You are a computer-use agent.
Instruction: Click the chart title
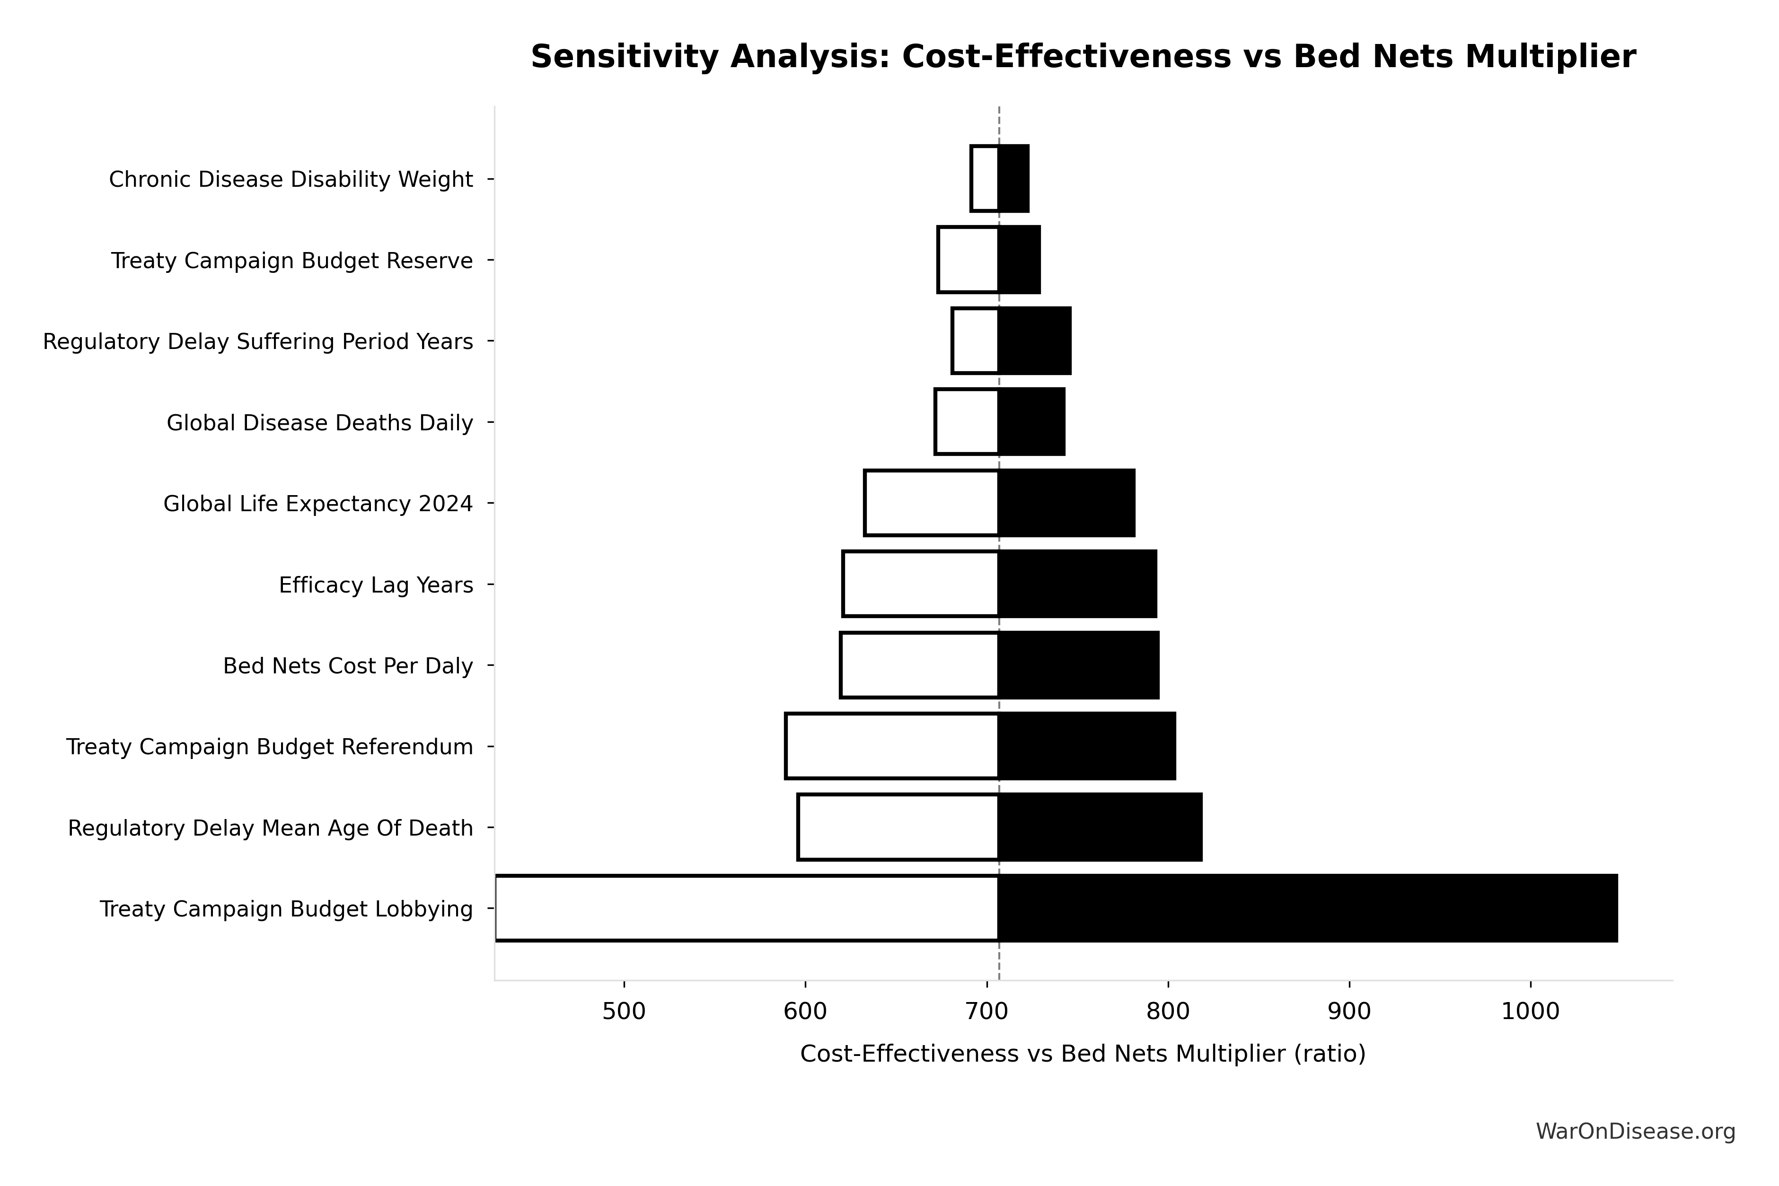(x=1083, y=58)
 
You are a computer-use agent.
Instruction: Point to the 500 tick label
(x=624, y=1012)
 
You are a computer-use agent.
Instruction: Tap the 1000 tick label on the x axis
(x=1530, y=1012)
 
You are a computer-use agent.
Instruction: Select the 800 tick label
(x=1168, y=1012)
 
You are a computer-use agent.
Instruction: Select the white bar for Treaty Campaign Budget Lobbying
(x=747, y=908)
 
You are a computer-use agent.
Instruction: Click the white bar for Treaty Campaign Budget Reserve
(x=969, y=260)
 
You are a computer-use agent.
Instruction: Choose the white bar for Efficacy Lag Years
(x=921, y=584)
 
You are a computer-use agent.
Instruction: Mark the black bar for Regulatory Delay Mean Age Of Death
(x=1100, y=828)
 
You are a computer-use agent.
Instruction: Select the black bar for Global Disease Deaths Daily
(x=1032, y=422)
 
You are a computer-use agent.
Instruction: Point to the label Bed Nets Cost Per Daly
(x=348, y=666)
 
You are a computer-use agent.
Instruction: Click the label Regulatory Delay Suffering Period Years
(x=258, y=342)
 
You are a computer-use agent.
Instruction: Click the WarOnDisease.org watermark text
(x=1635, y=1132)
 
